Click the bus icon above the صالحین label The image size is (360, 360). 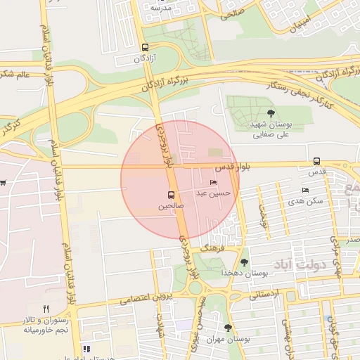[x=171, y=195]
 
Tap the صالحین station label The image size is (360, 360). [x=171, y=207]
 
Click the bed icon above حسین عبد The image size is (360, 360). [x=214, y=183]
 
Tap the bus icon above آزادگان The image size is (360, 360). [x=145, y=48]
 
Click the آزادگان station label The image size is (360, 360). [x=145, y=59]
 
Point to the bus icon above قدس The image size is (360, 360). [x=316, y=161]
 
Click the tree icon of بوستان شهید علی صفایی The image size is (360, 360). [x=271, y=112]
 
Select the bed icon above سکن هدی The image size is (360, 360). [x=305, y=190]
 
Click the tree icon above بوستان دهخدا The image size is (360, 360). [x=244, y=262]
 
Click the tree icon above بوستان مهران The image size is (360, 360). [x=228, y=328]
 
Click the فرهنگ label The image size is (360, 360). [x=212, y=249]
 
